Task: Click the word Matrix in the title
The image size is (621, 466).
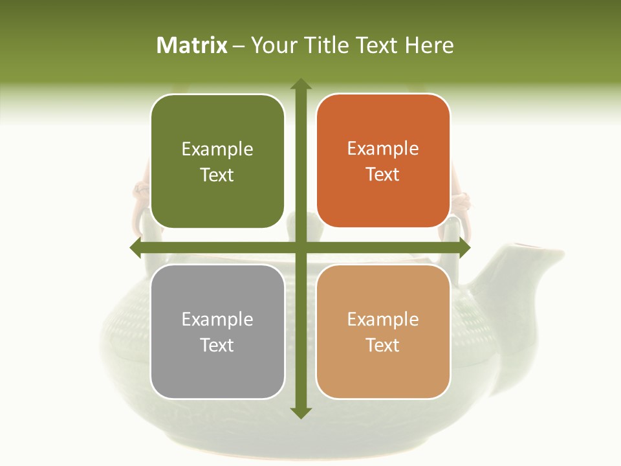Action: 192,45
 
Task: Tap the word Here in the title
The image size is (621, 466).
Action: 429,45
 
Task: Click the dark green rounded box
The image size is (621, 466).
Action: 217,161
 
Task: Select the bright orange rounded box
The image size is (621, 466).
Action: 383,161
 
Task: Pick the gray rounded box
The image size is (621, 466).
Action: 217,331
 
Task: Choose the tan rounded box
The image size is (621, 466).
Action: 383,331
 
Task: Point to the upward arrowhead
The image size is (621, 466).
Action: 300,84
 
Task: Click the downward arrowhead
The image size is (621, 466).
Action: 300,412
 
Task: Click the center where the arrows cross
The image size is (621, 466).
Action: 300,247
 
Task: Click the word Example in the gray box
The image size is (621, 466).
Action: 217,319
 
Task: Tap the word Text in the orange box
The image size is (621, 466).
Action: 383,175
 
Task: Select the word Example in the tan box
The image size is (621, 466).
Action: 383,319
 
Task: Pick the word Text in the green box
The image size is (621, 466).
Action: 217,175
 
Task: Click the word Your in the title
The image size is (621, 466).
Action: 272,45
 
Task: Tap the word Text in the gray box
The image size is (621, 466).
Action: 217,345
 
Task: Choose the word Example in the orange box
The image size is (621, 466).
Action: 383,149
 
